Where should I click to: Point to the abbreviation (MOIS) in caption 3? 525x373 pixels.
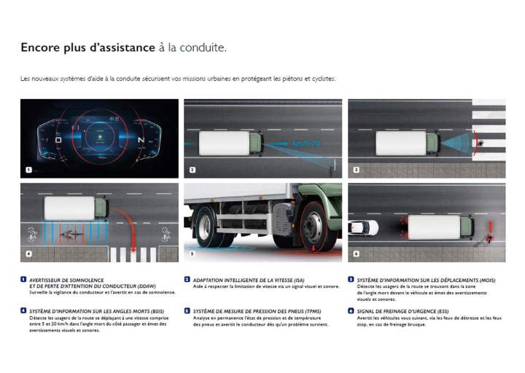486,280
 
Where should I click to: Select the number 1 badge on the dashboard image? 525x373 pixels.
28,170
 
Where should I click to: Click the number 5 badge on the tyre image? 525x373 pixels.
192,254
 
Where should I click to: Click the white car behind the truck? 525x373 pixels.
363,227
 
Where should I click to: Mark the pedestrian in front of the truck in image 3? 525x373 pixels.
480,144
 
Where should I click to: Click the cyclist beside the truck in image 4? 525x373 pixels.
71,235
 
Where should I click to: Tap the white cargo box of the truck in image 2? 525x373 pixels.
223,143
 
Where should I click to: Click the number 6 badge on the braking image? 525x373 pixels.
355,254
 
